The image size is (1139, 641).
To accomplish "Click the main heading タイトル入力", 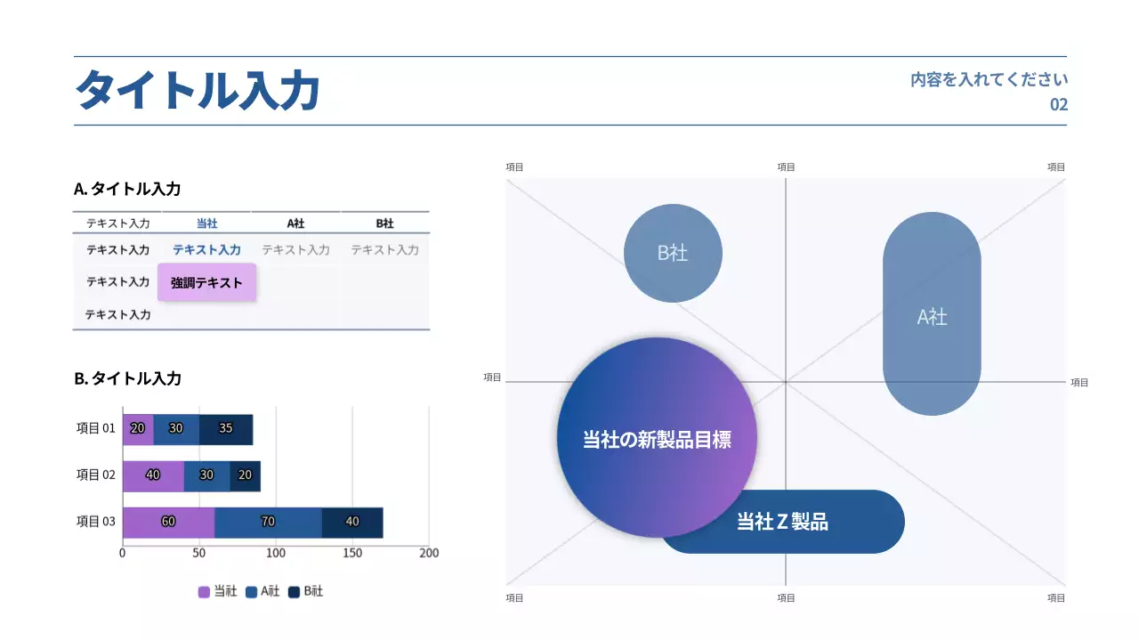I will click(197, 91).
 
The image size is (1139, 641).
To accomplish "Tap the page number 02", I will click(1058, 104).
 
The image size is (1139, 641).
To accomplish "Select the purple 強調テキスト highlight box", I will click(206, 282).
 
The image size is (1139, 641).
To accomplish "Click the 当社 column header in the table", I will click(206, 223).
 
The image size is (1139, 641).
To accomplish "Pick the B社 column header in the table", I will click(384, 223).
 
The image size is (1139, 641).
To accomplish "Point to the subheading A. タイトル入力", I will click(127, 189).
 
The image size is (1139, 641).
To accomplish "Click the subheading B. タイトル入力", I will click(127, 378).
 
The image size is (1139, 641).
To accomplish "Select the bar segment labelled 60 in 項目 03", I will click(168, 522).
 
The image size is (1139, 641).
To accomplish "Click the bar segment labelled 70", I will click(268, 522).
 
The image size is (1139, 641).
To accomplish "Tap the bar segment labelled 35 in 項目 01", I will click(226, 428).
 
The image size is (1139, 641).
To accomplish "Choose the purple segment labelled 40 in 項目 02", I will click(153, 475).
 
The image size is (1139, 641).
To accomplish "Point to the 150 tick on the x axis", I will click(352, 553).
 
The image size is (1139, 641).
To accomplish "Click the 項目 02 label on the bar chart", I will click(96, 475).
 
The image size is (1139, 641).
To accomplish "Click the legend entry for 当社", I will click(218, 591).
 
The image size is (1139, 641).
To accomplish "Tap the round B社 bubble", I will click(673, 253).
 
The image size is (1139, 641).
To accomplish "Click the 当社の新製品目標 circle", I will click(657, 438).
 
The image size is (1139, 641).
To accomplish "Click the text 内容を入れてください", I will click(989, 79).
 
